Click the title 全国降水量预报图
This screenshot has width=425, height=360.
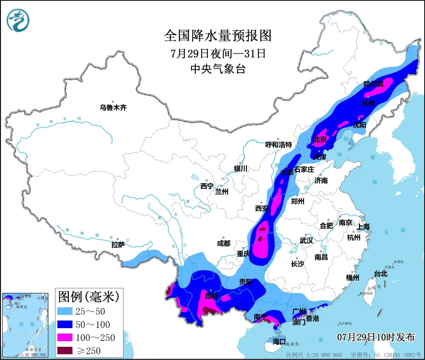(x=218, y=36)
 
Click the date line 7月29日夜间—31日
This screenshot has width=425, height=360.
(x=218, y=53)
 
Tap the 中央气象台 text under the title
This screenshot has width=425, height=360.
(x=218, y=69)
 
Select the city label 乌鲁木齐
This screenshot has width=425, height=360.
(x=113, y=108)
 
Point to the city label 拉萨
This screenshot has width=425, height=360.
(x=118, y=245)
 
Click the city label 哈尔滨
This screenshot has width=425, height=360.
(x=373, y=84)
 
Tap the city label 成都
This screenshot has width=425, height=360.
(x=224, y=243)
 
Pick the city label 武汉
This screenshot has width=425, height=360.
(x=306, y=240)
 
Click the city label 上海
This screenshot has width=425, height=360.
(x=363, y=226)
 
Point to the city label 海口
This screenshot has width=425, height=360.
(x=279, y=341)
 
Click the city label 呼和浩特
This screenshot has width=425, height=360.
(x=279, y=145)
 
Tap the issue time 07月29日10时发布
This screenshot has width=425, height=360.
(x=376, y=337)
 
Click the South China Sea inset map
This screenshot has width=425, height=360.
(x=25, y=325)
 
